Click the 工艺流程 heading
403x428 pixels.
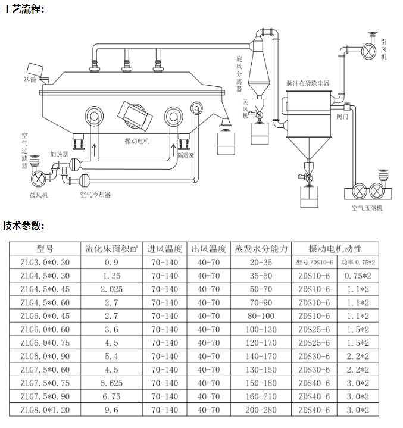tap(23, 9)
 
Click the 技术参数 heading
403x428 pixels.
tap(23, 226)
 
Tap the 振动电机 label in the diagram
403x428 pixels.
tap(137, 141)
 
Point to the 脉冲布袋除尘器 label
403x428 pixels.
tap(308, 83)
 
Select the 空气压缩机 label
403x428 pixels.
tap(367, 208)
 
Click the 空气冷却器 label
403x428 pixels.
tap(95, 195)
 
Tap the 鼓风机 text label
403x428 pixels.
tap(39, 195)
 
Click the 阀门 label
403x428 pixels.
tap(342, 117)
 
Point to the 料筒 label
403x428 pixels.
tap(30, 79)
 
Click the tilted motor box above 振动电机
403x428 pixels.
tap(135, 115)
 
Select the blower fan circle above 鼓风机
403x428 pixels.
tap(39, 178)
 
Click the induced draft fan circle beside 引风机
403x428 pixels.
tap(369, 51)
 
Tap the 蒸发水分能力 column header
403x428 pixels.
tap(261, 249)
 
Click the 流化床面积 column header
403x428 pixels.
tap(111, 249)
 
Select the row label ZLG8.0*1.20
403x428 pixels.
tap(45, 410)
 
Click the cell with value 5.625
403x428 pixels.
tap(111, 383)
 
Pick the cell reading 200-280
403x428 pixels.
tap(261, 410)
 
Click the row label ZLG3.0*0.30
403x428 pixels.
tap(45, 263)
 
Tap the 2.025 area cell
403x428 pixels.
tap(111, 289)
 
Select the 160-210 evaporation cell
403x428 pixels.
tap(261, 396)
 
